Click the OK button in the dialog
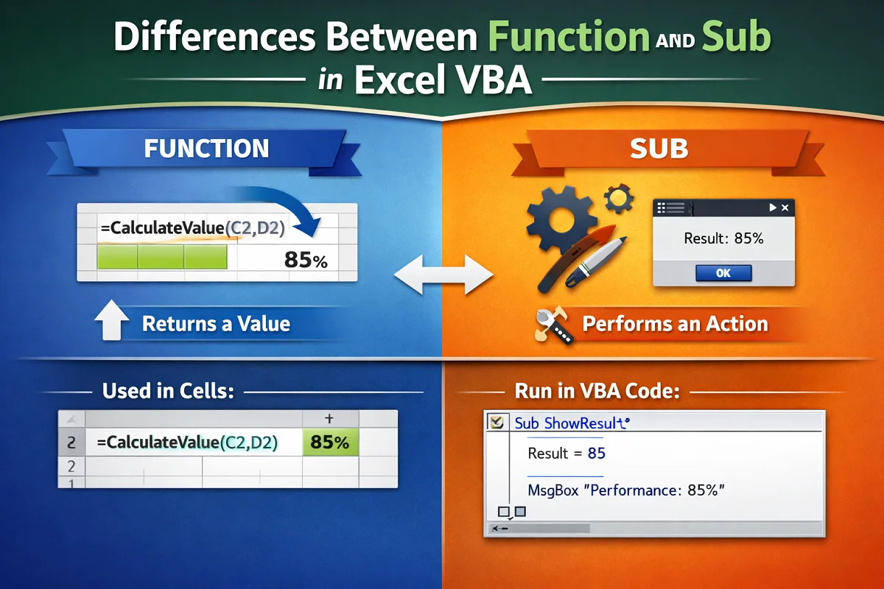[x=723, y=272]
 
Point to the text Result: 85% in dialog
[x=723, y=238]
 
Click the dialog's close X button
[x=785, y=208]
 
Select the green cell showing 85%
[x=330, y=442]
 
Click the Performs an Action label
[x=675, y=324]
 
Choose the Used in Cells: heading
[x=168, y=391]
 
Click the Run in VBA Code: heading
[x=597, y=391]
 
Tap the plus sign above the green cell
[x=329, y=419]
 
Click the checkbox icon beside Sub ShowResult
[x=496, y=423]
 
